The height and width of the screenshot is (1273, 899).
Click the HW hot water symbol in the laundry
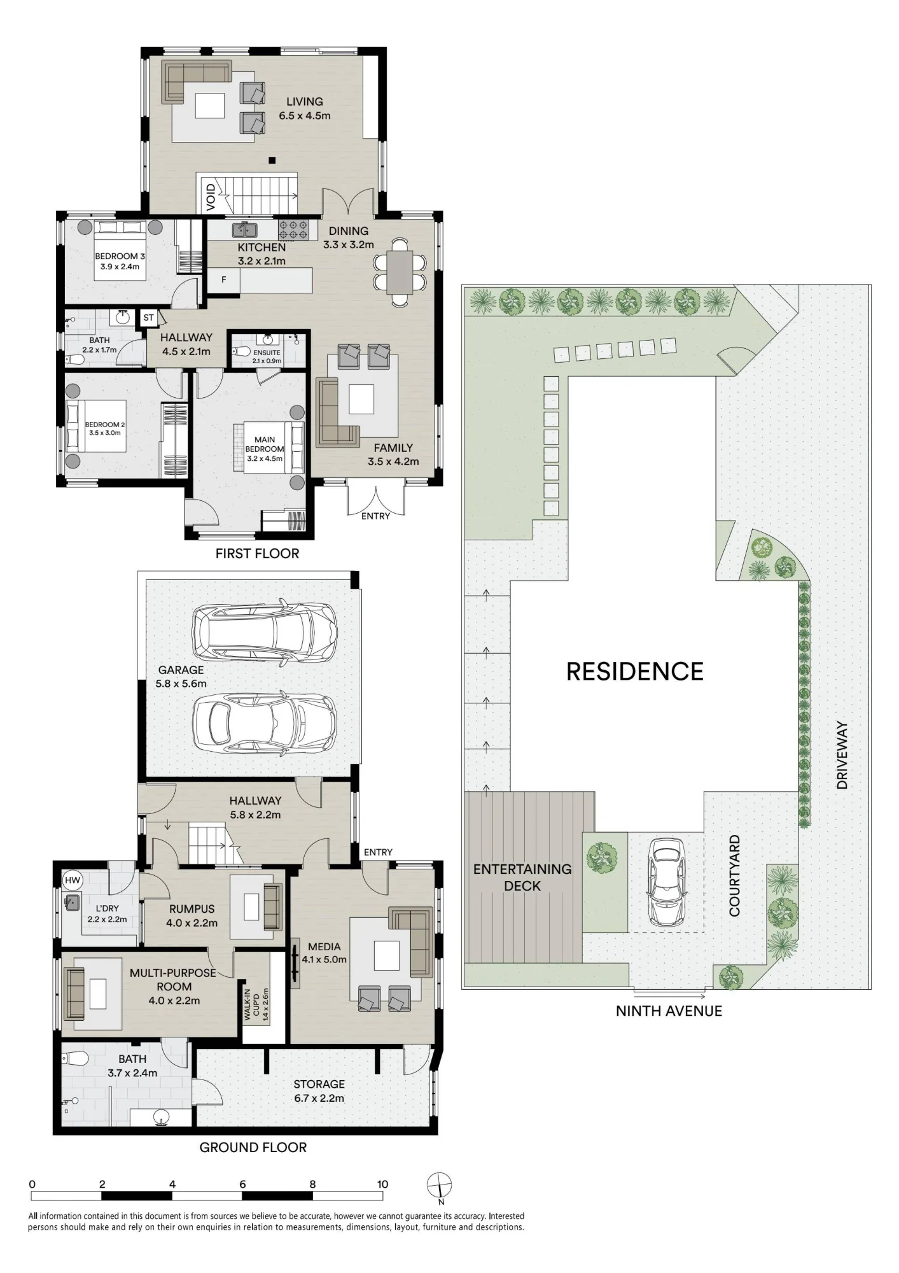(73, 880)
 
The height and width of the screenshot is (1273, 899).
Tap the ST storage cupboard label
(149, 317)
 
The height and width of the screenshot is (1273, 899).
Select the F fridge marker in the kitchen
(224, 279)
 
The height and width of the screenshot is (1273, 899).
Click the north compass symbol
(439, 1186)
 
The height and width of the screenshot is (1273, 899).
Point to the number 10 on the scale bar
(382, 1184)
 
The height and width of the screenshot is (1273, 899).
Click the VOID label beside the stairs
(211, 197)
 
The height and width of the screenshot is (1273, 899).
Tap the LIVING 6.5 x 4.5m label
(305, 108)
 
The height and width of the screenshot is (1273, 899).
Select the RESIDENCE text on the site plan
(635, 672)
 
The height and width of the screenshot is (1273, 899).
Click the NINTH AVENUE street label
(669, 1011)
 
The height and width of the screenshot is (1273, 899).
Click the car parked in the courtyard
(666, 882)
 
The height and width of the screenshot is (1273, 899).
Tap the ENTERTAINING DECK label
(522, 877)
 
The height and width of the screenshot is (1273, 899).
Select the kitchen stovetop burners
(293, 229)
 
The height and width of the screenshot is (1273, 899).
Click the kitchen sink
(244, 229)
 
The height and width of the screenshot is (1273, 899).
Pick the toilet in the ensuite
(240, 351)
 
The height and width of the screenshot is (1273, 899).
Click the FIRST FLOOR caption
(257, 553)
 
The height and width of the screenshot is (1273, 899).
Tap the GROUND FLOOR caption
(253, 1147)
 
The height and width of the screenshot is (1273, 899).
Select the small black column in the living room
(272, 160)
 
